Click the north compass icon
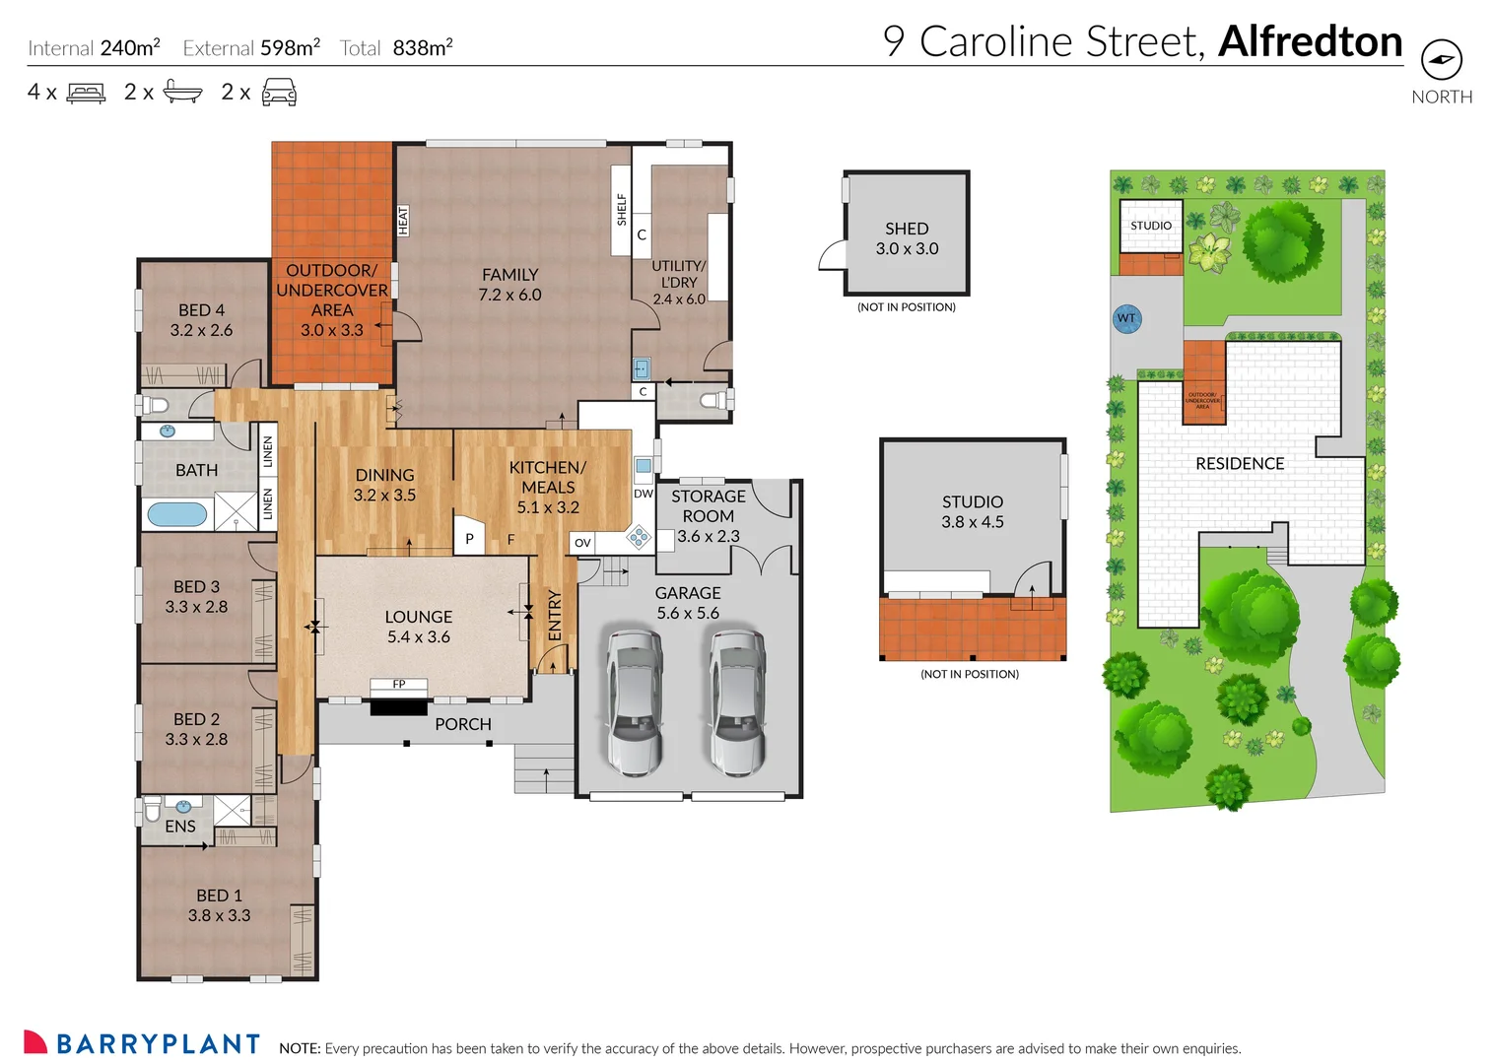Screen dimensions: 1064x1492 [x=1441, y=60]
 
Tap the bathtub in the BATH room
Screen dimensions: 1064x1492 [x=176, y=514]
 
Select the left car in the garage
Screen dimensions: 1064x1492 [x=634, y=701]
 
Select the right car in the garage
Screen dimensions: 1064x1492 [x=737, y=701]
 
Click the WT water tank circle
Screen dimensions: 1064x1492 [x=1126, y=318]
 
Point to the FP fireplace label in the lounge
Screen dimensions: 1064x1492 [x=399, y=684]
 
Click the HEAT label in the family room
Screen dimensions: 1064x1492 [x=403, y=221]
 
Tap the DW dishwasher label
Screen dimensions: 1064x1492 [x=644, y=494]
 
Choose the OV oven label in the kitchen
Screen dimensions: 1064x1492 [x=582, y=543]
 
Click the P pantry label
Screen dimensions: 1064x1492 [x=469, y=539]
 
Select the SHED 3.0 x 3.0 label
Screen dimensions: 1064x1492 [x=907, y=238]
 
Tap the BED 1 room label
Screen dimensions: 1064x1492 [x=219, y=904]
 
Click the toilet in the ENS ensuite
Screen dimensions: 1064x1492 [x=153, y=809]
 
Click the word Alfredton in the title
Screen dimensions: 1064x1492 [x=1310, y=42]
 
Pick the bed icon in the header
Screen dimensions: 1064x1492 [x=86, y=94]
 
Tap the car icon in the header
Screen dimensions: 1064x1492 [x=279, y=94]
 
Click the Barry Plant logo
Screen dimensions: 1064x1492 [x=142, y=1043]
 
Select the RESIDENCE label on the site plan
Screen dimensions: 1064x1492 [x=1239, y=464]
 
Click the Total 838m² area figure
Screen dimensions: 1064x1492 [x=396, y=48]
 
